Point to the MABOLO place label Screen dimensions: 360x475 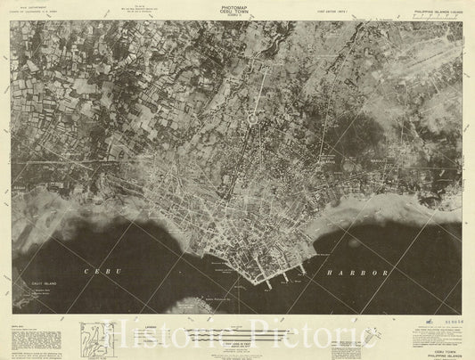tap(378, 160)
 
